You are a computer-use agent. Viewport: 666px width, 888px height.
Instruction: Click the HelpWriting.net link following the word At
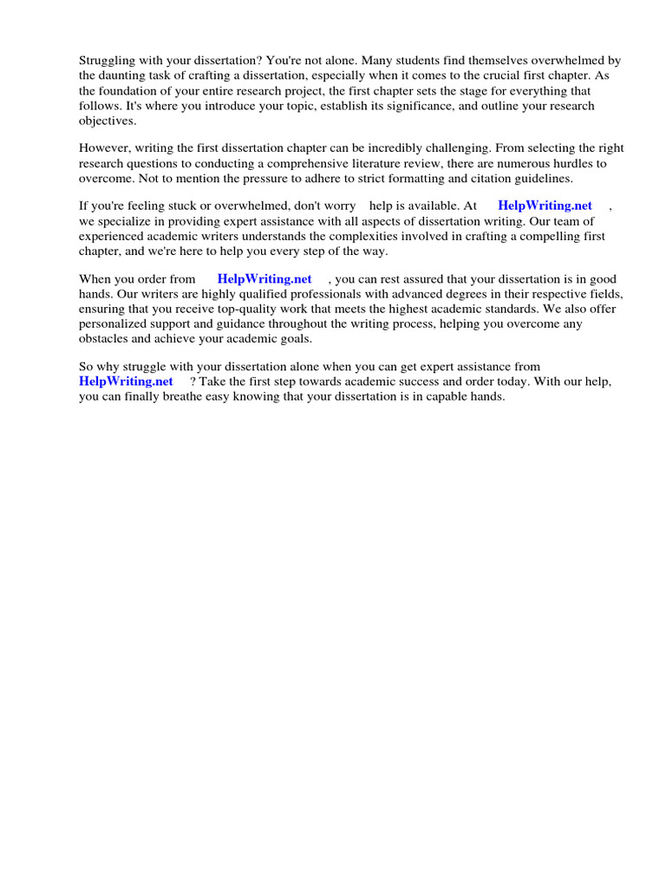coord(545,206)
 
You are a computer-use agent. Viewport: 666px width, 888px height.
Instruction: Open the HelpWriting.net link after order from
coord(264,279)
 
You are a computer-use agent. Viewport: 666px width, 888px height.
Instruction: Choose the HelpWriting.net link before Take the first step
coord(126,382)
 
